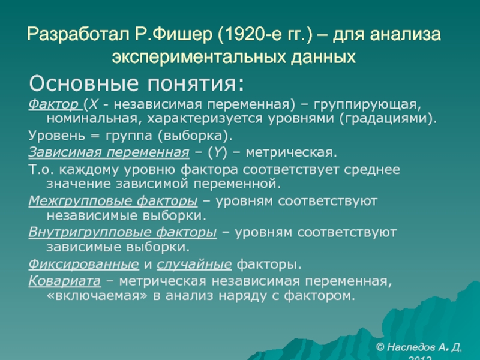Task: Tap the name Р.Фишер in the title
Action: coord(173,34)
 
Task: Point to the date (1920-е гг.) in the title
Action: coord(265,34)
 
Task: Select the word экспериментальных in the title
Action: coord(199,57)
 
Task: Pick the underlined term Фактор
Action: coord(53,104)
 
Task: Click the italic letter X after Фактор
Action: coord(94,104)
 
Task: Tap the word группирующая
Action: coord(368,105)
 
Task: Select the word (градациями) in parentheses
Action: coord(388,119)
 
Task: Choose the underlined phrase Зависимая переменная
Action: coord(109,152)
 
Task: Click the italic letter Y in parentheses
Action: coord(217,152)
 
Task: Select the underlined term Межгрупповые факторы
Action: coord(113,202)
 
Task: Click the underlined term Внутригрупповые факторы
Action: coord(122,233)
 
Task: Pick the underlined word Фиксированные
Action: coord(83,265)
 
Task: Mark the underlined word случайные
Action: coord(194,264)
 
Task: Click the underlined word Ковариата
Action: coord(65,281)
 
